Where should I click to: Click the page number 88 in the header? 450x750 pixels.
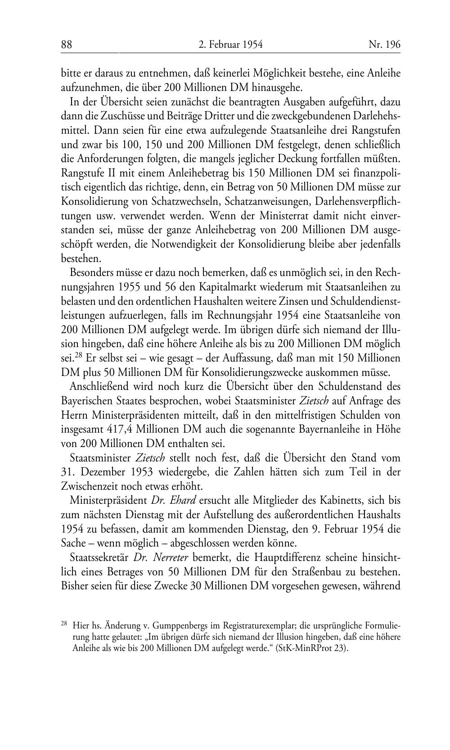pyautogui.click(x=67, y=45)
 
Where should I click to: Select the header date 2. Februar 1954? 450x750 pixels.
pyautogui.click(x=230, y=45)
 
